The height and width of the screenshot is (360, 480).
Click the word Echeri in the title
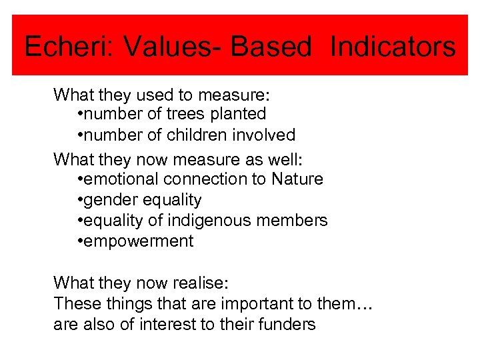[x=59, y=47]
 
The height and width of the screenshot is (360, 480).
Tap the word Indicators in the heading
[x=393, y=47]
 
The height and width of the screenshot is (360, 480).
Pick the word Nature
[x=297, y=179]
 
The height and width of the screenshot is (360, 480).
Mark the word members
[x=296, y=221]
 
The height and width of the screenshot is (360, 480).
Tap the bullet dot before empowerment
[x=80, y=241]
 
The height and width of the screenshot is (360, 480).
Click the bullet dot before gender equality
[x=80, y=200]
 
